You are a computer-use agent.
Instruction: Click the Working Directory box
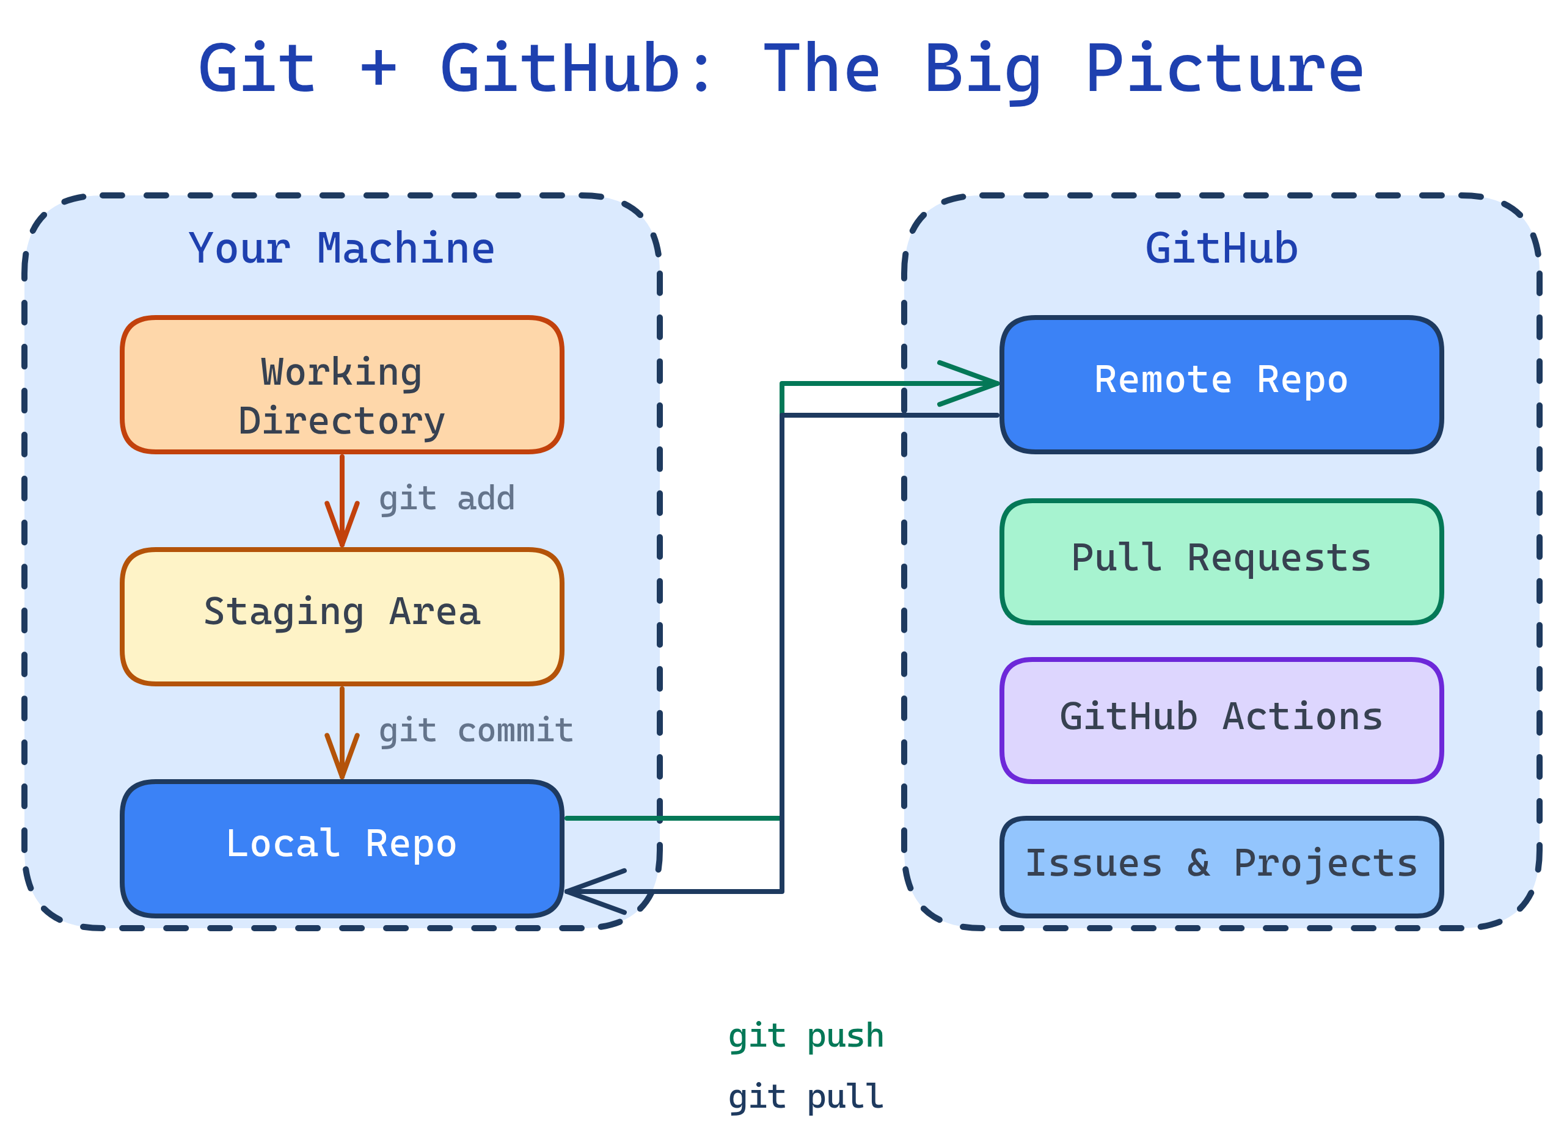(x=342, y=384)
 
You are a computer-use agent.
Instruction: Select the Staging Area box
(x=342, y=616)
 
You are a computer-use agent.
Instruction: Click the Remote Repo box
(x=1221, y=384)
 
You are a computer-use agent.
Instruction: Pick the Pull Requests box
(x=1221, y=562)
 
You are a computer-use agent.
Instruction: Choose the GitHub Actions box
(x=1221, y=721)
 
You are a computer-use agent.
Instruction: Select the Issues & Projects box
(x=1221, y=866)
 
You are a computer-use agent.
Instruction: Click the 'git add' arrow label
(x=446, y=499)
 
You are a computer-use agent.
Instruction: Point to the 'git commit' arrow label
(x=475, y=731)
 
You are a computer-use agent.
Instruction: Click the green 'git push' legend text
(x=806, y=1036)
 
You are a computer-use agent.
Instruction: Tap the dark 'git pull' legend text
(x=806, y=1097)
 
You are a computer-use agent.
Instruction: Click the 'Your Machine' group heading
(x=342, y=248)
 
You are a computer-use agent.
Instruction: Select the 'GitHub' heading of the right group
(x=1221, y=248)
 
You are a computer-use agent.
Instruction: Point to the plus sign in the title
(x=378, y=70)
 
